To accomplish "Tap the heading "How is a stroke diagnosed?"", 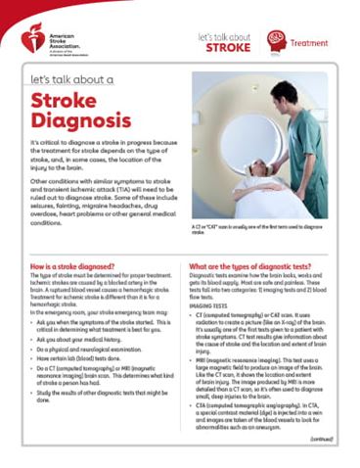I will click(x=72, y=266).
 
